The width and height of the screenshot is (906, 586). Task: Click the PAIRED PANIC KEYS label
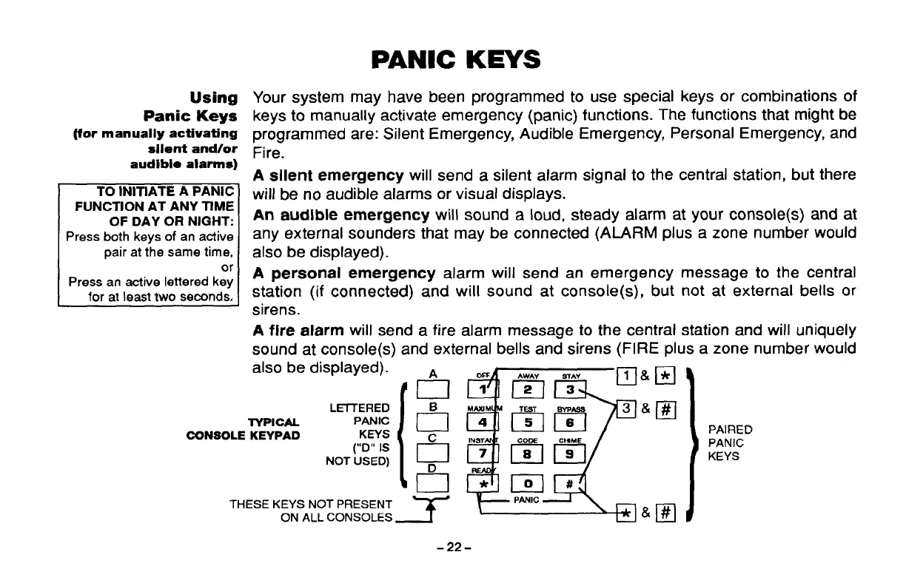tap(731, 442)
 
